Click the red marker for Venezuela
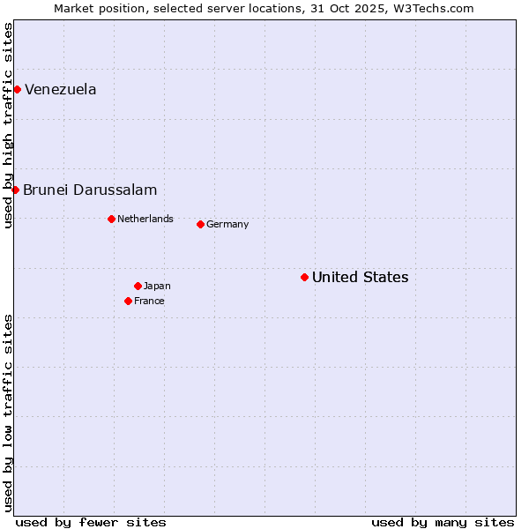(x=17, y=89)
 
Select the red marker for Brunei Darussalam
(x=15, y=190)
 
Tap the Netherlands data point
(x=111, y=219)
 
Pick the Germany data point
(x=200, y=224)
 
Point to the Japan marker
(x=138, y=286)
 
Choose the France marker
(x=128, y=301)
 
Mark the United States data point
(x=304, y=277)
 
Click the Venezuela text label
(x=61, y=89)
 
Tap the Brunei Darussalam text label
(x=90, y=190)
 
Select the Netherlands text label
(x=145, y=219)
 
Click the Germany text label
(x=227, y=224)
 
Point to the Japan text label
(x=157, y=286)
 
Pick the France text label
(x=149, y=301)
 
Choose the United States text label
(x=360, y=277)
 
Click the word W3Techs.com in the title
(x=432, y=9)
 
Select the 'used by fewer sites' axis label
(x=91, y=522)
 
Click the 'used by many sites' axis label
(x=443, y=522)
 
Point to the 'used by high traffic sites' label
(x=8, y=125)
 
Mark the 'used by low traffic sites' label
(x=8, y=412)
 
